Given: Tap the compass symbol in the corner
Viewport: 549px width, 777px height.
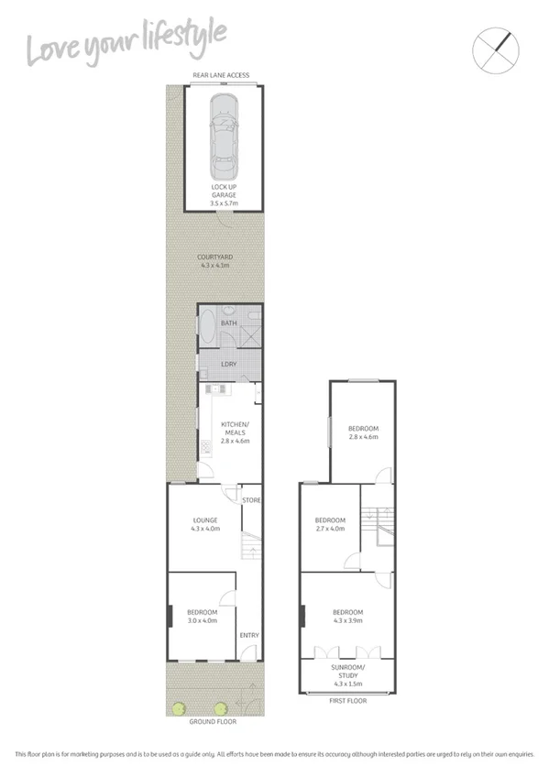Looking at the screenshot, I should coord(492,49).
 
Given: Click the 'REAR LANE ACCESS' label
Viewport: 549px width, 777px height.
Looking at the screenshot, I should coord(220,75).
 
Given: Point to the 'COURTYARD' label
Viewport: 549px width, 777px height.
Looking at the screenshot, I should coord(214,257).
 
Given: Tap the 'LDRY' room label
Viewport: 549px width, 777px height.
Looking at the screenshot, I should coord(229,364).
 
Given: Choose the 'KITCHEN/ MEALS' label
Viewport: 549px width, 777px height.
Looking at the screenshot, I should coord(236,427).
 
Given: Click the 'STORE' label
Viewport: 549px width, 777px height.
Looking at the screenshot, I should coord(251,500).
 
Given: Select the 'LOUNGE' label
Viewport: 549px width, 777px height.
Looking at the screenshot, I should coord(204,521).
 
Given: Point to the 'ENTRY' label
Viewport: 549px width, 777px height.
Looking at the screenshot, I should coord(248,635).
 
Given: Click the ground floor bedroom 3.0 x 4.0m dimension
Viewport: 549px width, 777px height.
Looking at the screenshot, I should coord(203,621).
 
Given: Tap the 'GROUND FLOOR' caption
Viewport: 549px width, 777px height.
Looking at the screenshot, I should coord(213,722).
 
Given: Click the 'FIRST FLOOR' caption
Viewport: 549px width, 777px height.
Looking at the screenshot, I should coord(347,700).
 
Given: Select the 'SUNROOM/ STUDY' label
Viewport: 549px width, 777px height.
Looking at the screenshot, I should coord(347,674).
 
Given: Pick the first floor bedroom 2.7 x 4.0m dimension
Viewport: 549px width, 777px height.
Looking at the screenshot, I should coord(329,528).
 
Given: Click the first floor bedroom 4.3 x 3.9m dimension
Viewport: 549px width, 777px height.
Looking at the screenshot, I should coord(347,621).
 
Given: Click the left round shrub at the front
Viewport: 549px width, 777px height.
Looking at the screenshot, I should coord(179,706).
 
